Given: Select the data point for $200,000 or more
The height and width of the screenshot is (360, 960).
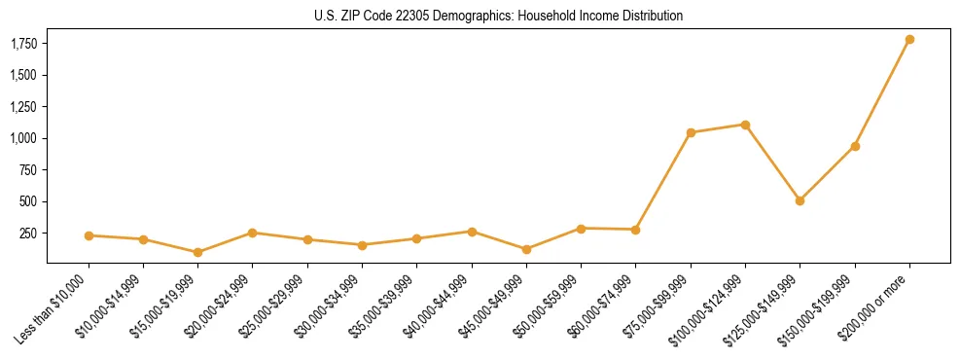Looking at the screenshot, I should tap(909, 40).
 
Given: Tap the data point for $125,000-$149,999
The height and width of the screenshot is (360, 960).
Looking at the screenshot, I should tap(800, 200).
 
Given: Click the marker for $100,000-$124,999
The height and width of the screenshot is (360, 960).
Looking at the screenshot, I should tap(745, 125).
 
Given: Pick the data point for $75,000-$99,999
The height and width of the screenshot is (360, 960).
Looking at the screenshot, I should tap(691, 132).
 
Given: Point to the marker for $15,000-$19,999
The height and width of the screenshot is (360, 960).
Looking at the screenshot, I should tap(197, 252).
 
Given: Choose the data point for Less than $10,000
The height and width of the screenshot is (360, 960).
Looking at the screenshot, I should tap(89, 235).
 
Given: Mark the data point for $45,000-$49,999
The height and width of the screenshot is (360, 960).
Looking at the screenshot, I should tap(526, 249).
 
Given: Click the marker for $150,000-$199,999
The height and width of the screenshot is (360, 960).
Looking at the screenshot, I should tap(855, 146).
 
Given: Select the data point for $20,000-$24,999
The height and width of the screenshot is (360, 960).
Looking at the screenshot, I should tap(252, 233).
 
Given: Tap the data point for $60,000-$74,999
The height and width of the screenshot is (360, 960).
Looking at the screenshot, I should tap(635, 230).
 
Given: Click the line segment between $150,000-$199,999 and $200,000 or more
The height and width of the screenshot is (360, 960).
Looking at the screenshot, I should tap(882, 93).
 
